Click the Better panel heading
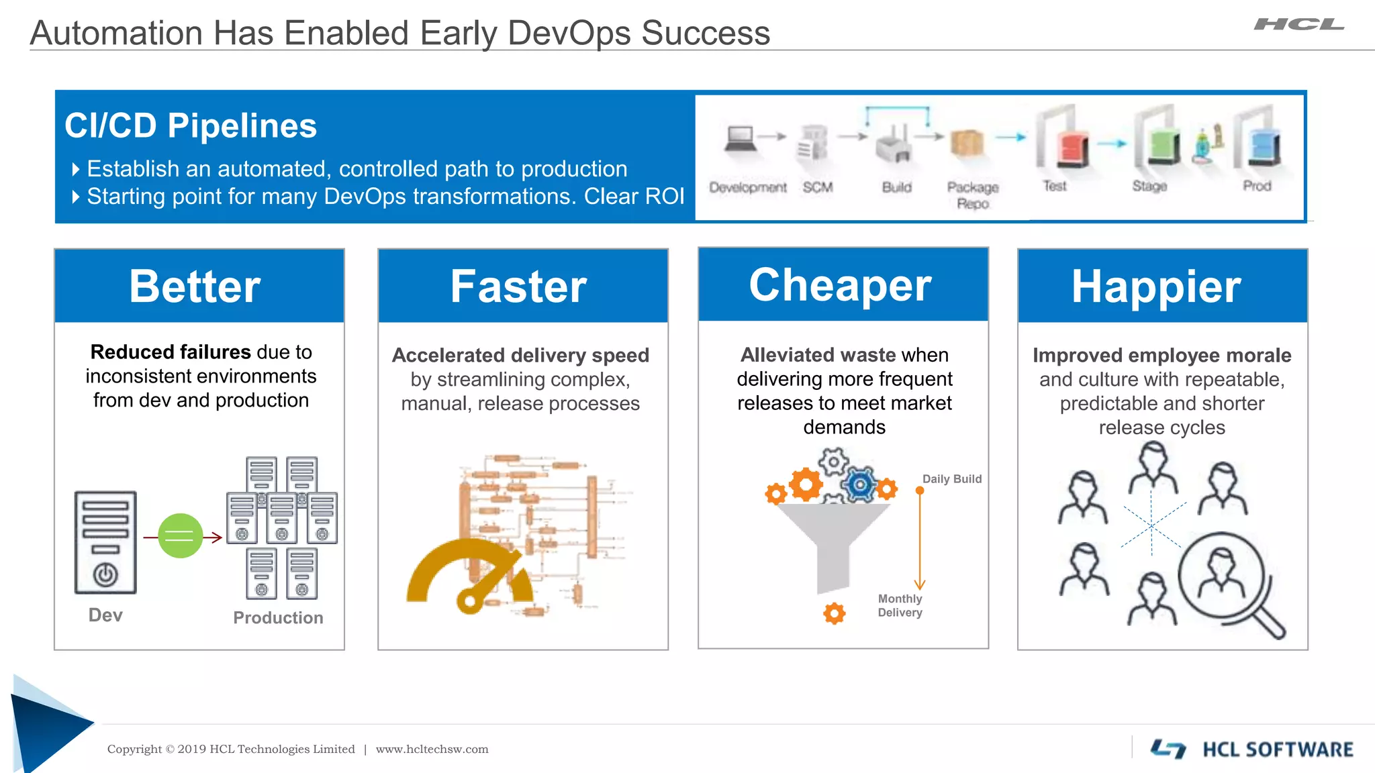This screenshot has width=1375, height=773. [195, 287]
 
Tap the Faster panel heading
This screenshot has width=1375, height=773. [518, 287]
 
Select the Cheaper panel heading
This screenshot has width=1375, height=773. [840, 285]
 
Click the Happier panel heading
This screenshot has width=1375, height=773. [1156, 287]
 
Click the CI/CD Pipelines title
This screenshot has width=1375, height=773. [191, 125]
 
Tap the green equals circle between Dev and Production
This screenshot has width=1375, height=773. [180, 535]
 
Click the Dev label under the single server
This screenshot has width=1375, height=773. [105, 615]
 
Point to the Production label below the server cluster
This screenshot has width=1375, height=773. [278, 618]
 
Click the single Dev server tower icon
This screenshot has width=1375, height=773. [105, 542]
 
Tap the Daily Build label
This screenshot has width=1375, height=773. [951, 479]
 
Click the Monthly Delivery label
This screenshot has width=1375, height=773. [900, 605]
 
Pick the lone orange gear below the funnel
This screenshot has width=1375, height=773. [834, 613]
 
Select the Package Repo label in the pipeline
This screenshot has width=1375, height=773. [973, 195]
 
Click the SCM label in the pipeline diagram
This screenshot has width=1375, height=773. [818, 188]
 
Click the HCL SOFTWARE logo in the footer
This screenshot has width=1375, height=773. [1253, 750]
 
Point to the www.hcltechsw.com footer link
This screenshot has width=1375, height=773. [432, 750]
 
